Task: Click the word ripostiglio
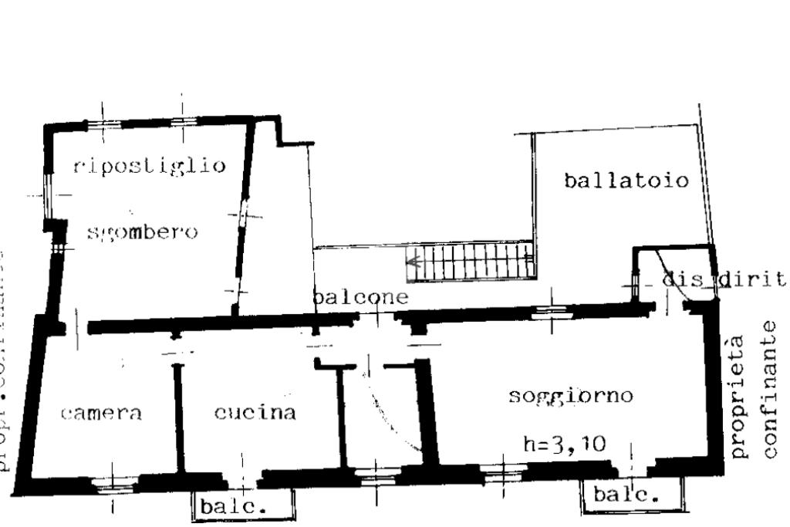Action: (x=150, y=165)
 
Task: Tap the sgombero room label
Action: (x=141, y=231)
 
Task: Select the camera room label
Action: (x=101, y=413)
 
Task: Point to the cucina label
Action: (x=255, y=413)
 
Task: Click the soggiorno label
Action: (x=571, y=396)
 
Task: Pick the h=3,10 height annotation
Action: (x=564, y=444)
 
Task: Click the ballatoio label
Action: (x=626, y=181)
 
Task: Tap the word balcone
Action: (x=360, y=296)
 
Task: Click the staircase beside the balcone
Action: (x=471, y=261)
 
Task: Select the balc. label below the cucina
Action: (x=231, y=508)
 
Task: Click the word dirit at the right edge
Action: (x=753, y=279)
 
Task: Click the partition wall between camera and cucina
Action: (x=179, y=417)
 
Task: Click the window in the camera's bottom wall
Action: (x=113, y=484)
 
